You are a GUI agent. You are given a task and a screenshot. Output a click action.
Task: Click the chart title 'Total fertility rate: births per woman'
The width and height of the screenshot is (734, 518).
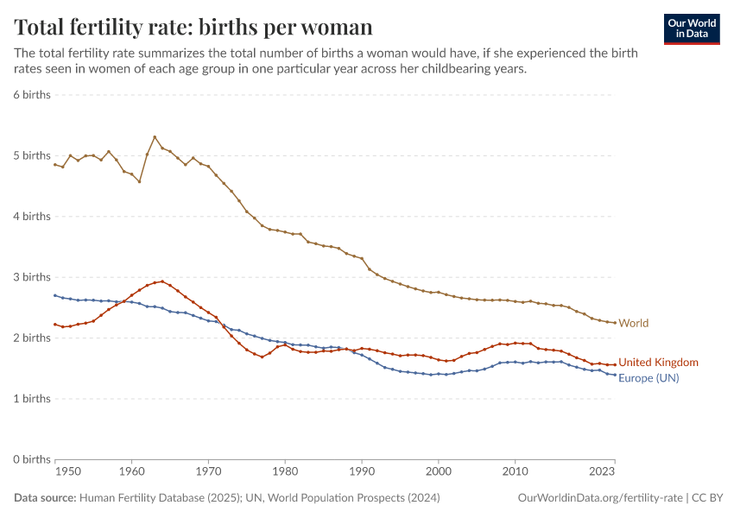(193, 27)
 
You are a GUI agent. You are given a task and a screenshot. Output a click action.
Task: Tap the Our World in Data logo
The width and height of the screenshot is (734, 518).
(692, 28)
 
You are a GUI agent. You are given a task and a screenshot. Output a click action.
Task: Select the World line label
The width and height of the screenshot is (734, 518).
(634, 323)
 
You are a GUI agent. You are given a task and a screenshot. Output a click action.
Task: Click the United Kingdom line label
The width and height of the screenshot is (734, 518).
(658, 363)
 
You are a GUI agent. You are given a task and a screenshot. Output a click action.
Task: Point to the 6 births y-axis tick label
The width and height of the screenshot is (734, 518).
(32, 94)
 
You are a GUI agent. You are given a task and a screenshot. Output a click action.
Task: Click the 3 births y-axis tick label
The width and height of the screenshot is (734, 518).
(32, 277)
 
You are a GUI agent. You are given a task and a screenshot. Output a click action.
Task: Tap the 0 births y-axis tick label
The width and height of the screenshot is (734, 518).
(32, 459)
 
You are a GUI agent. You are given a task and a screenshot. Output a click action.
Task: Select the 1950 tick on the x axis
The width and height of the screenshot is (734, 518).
(68, 472)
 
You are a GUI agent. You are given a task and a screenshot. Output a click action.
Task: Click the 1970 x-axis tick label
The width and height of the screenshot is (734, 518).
(208, 472)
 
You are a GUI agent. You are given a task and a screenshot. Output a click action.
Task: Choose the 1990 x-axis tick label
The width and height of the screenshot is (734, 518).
(362, 472)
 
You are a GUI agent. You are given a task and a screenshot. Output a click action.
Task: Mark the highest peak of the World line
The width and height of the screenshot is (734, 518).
(155, 136)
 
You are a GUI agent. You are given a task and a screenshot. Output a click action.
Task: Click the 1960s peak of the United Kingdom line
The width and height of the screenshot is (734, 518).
(162, 281)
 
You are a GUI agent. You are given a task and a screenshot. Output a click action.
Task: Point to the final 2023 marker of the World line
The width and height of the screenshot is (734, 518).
(615, 323)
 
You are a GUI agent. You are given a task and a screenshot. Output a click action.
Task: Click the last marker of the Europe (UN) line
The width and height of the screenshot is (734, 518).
(615, 375)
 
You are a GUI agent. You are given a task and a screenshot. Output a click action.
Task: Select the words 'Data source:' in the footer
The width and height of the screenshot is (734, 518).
(44, 498)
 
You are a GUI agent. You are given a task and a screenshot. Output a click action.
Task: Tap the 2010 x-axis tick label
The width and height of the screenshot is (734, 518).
(516, 472)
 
